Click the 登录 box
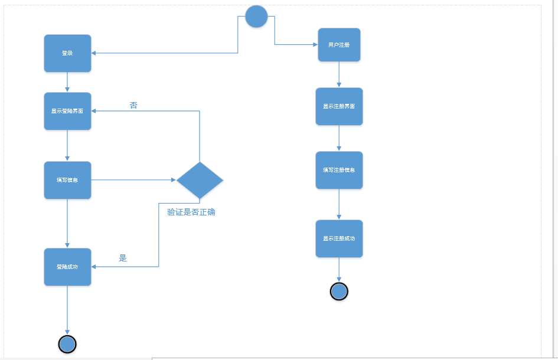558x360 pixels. (67, 53)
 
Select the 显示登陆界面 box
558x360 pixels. (67, 111)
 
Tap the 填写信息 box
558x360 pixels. (67, 180)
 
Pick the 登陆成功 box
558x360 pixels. (67, 267)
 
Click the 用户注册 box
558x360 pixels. (339, 45)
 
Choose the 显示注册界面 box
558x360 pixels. (339, 106)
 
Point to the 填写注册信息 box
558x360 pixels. (339, 170)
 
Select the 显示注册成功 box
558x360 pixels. (339, 238)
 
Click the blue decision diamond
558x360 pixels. (200, 180)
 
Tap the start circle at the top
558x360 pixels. (256, 16)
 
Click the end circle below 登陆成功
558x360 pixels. (67, 343)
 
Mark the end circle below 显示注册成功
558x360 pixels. (339, 291)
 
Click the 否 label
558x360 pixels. (133, 105)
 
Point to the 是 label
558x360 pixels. (123, 258)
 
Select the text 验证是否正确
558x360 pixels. (191, 212)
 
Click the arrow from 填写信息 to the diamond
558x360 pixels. (133, 180)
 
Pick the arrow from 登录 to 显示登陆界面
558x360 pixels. (67, 82)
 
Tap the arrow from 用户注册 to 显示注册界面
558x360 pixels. (339, 74)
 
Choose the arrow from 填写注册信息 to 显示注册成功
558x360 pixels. (339, 204)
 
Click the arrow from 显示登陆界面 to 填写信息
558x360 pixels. (67, 145)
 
